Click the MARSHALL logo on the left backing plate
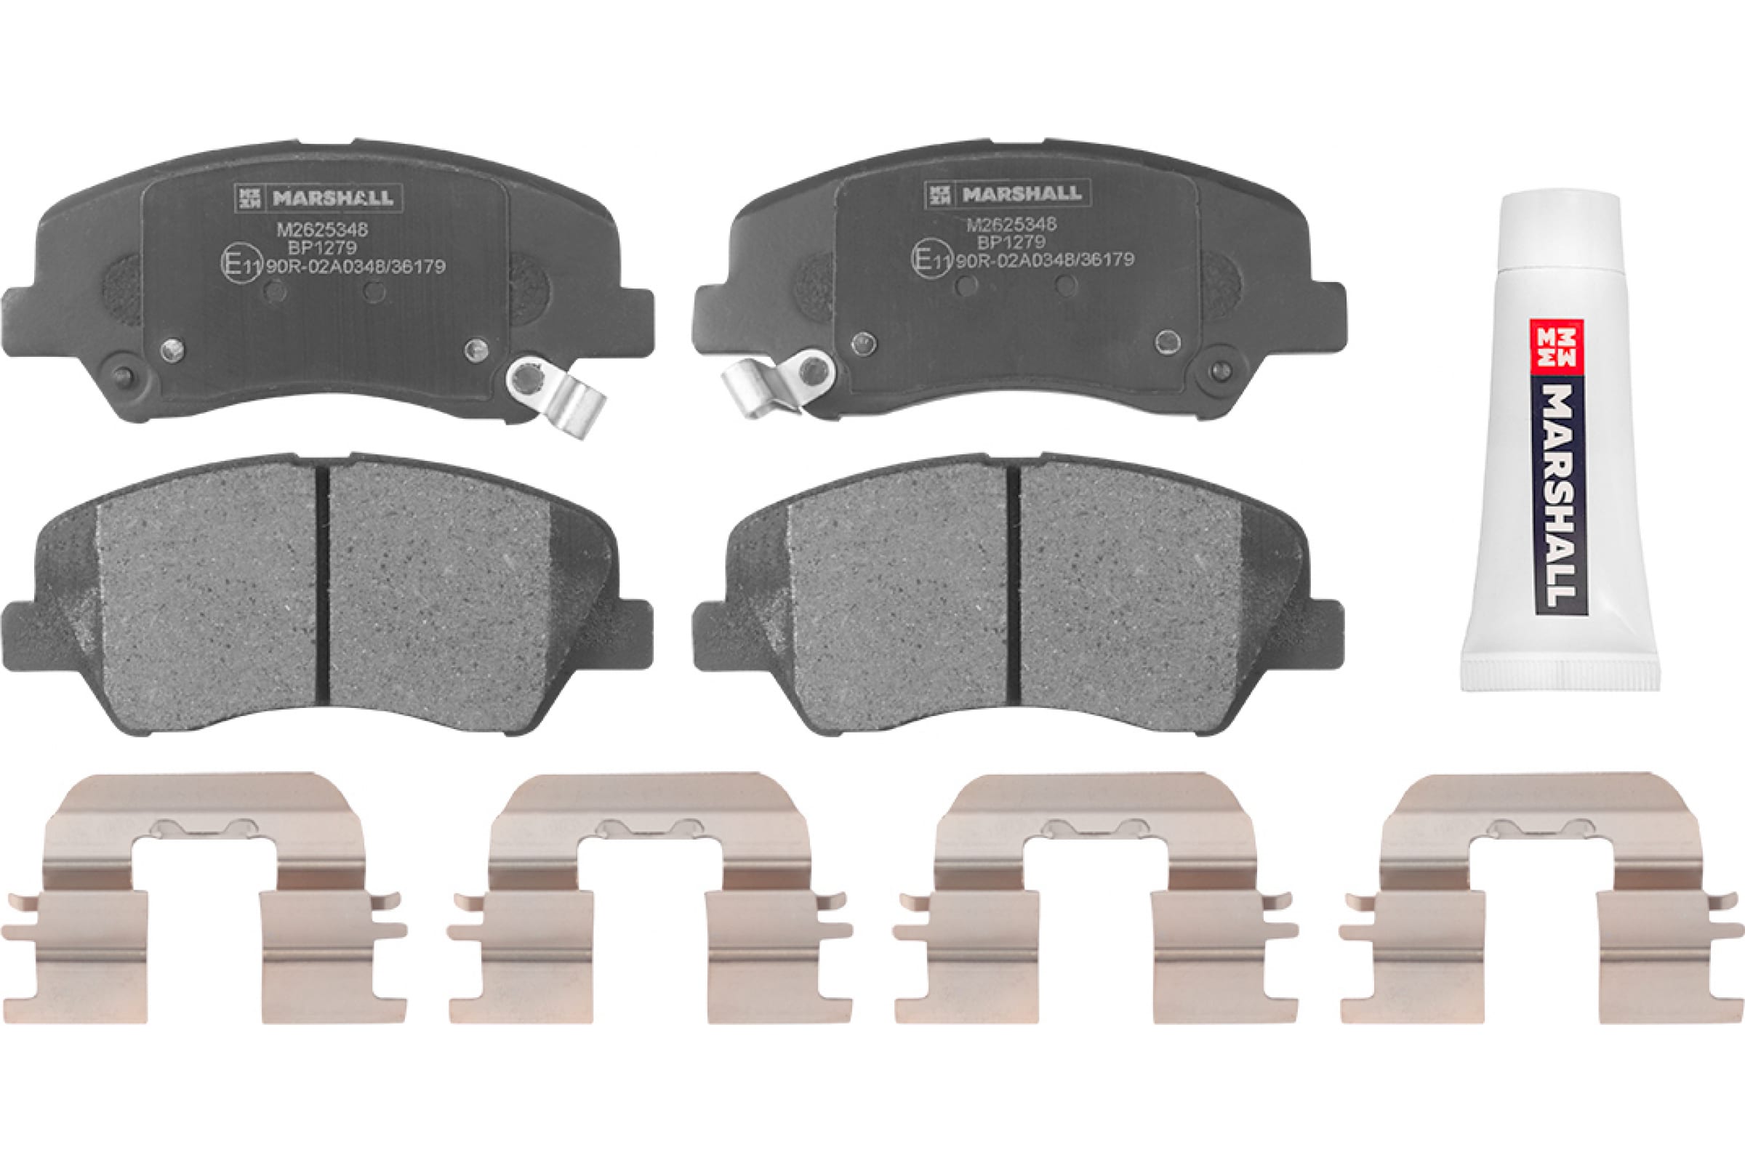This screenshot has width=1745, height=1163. [319, 198]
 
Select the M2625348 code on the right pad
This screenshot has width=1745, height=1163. [1011, 224]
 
